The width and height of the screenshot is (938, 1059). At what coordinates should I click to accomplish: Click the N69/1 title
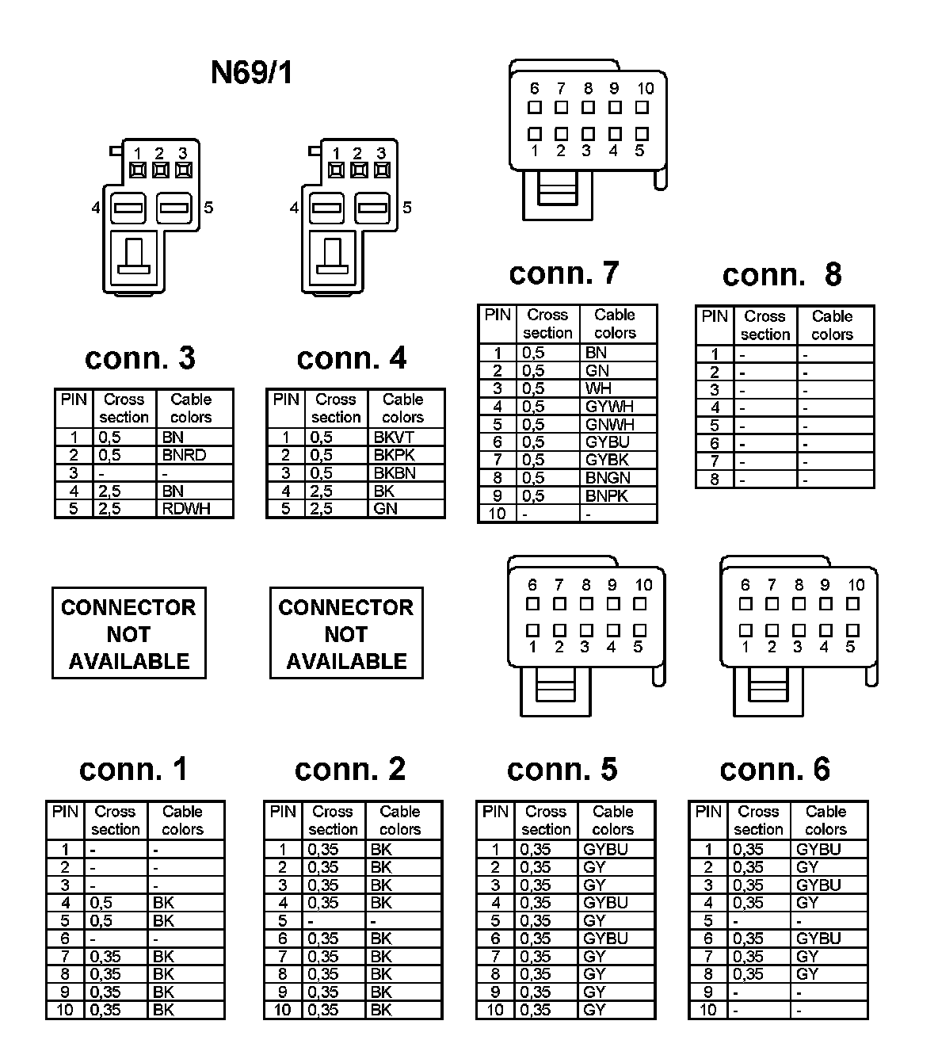coord(251,73)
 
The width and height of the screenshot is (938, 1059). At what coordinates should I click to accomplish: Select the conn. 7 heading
coord(563,273)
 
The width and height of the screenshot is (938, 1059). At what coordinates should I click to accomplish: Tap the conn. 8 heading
coord(781,275)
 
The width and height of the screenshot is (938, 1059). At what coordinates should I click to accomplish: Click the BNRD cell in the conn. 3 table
coord(184,455)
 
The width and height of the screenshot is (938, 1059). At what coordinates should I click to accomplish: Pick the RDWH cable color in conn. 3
coord(186,508)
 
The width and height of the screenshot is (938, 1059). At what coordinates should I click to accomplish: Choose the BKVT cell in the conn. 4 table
coord(394,437)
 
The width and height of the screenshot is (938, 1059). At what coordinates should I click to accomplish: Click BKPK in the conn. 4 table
coord(395,455)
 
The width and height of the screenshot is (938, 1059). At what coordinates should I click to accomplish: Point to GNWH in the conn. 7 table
coord(609,424)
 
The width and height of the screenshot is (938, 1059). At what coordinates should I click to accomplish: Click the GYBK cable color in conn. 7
coord(607,460)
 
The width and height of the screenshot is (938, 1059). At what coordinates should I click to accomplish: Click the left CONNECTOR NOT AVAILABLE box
coord(128,633)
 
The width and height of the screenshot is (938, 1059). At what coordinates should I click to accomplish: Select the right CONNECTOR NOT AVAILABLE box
coord(346,633)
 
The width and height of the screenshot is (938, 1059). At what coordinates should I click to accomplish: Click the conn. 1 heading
coord(133,769)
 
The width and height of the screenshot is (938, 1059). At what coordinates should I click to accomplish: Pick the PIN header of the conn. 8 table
coord(714,316)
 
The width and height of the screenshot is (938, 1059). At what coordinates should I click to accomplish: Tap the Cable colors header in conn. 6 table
coord(826,820)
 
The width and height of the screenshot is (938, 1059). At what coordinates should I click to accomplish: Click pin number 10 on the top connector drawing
coord(645,89)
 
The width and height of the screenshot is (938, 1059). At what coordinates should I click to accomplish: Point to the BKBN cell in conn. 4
coord(395,473)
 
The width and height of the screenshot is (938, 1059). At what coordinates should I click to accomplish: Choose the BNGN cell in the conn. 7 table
coord(608,478)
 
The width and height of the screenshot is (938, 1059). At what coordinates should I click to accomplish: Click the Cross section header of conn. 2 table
coord(333,820)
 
